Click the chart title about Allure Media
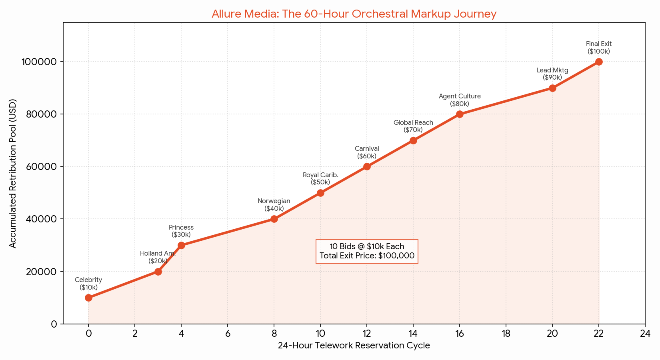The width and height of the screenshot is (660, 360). coord(354,14)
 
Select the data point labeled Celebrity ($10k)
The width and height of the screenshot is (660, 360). coord(88,298)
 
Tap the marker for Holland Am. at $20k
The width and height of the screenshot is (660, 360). coord(158,272)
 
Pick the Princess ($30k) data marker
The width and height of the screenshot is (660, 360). coord(181,245)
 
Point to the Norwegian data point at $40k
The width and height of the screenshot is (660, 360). coord(274,219)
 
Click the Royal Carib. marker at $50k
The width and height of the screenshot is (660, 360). coord(320,193)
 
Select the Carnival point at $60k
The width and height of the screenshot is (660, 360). coord(367,166)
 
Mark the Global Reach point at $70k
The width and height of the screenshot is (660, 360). coord(413,140)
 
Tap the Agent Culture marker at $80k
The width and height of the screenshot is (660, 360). coord(460,114)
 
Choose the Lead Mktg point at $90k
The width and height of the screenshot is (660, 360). coord(552,88)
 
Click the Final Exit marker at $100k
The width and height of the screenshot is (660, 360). coord(599,62)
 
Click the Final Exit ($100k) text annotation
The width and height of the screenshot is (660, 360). coord(599,48)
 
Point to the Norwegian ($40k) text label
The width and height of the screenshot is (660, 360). coord(274,205)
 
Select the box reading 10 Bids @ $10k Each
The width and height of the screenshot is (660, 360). coord(367,251)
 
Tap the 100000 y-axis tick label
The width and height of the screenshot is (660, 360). coord(40,62)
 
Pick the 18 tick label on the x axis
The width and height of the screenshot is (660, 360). coord(506,334)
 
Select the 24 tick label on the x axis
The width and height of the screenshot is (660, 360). coord(645,334)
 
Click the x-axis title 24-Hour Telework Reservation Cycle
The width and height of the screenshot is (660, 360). coord(354,346)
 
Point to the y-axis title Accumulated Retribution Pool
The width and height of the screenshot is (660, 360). coord(13,173)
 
